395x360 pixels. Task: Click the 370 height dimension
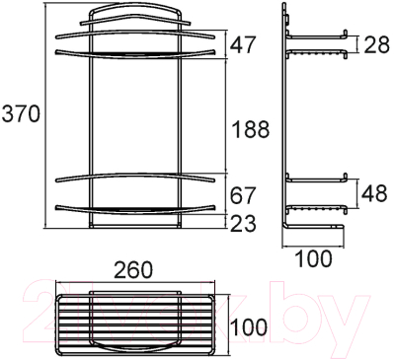[x=20, y=114]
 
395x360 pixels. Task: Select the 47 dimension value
[x=246, y=45]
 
